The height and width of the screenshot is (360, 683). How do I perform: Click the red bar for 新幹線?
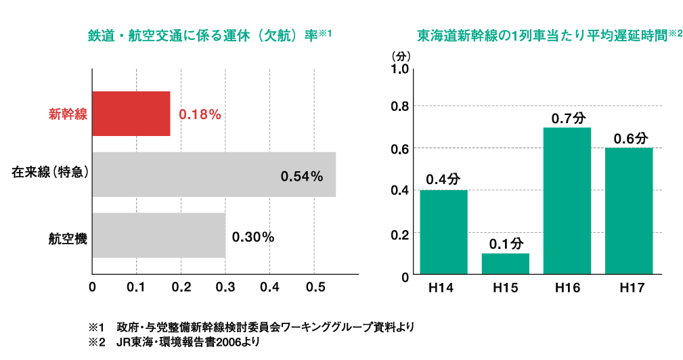131,114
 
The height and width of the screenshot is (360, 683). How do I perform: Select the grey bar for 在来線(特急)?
214,175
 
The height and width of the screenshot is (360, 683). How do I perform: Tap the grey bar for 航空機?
158,235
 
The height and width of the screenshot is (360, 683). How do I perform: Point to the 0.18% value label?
200,115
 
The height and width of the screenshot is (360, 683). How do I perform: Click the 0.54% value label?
302,177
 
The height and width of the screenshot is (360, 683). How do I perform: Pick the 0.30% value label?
252,238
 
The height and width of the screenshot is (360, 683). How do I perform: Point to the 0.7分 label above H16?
567,118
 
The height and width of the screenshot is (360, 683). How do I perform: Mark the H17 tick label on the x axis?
629,288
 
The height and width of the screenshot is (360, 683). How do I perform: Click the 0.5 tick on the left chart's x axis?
313,286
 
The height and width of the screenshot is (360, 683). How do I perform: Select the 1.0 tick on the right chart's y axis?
399,69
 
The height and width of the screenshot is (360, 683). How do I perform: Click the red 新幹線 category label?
68,114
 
